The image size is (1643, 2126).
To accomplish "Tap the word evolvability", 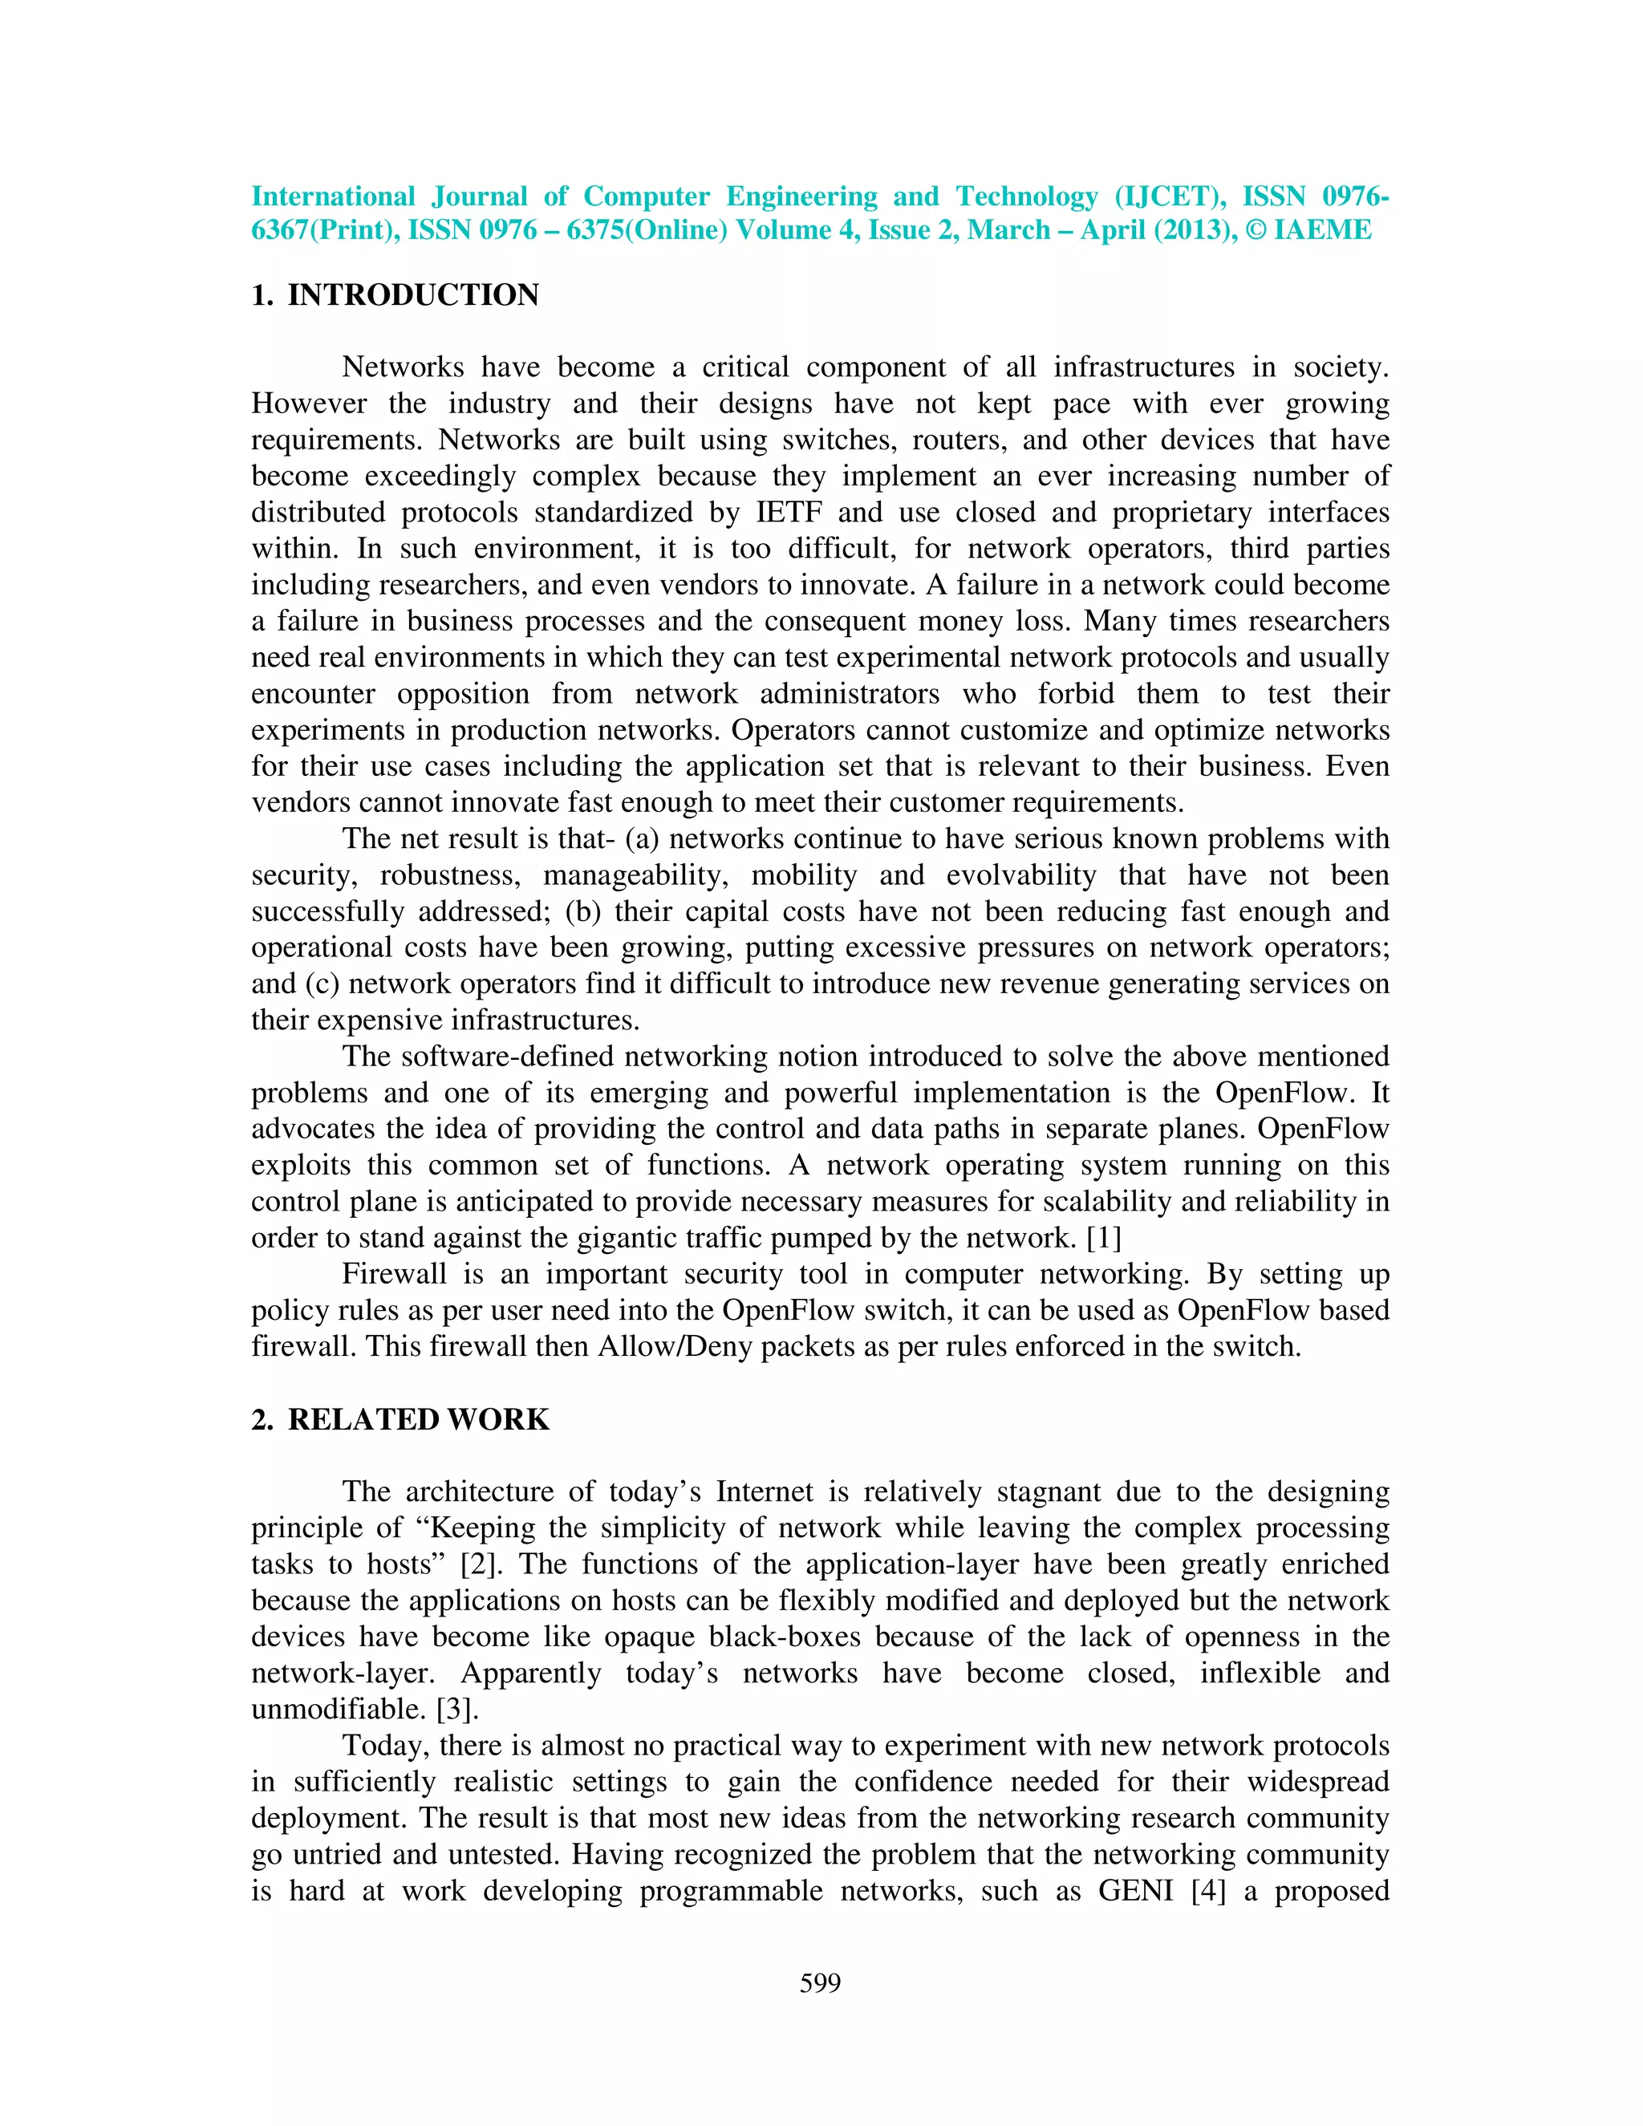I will coord(1021,875).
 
